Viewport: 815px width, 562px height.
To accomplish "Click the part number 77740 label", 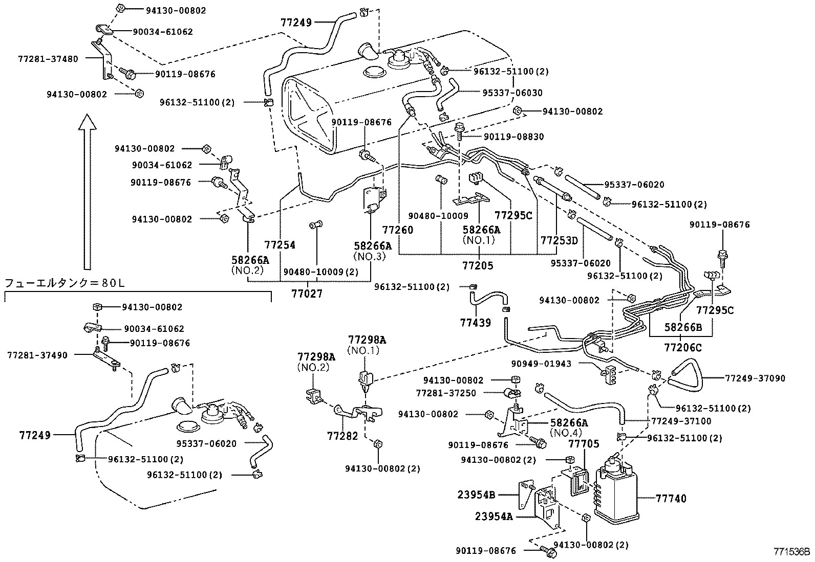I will point(671,499).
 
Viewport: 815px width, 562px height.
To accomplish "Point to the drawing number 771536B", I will point(791,552).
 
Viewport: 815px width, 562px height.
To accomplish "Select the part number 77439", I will point(476,322).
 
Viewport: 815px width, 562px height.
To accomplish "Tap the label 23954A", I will point(492,516).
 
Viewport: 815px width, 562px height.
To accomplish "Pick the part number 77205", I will point(477,266).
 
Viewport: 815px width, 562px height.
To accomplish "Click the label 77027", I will point(307,294).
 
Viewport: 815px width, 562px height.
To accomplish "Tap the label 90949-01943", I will point(541,364).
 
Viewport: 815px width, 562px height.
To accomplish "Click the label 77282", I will point(342,436).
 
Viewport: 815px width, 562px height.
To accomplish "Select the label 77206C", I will point(683,348).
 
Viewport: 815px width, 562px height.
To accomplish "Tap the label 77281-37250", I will point(446,393).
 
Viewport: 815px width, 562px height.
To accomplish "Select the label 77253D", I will point(559,240).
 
